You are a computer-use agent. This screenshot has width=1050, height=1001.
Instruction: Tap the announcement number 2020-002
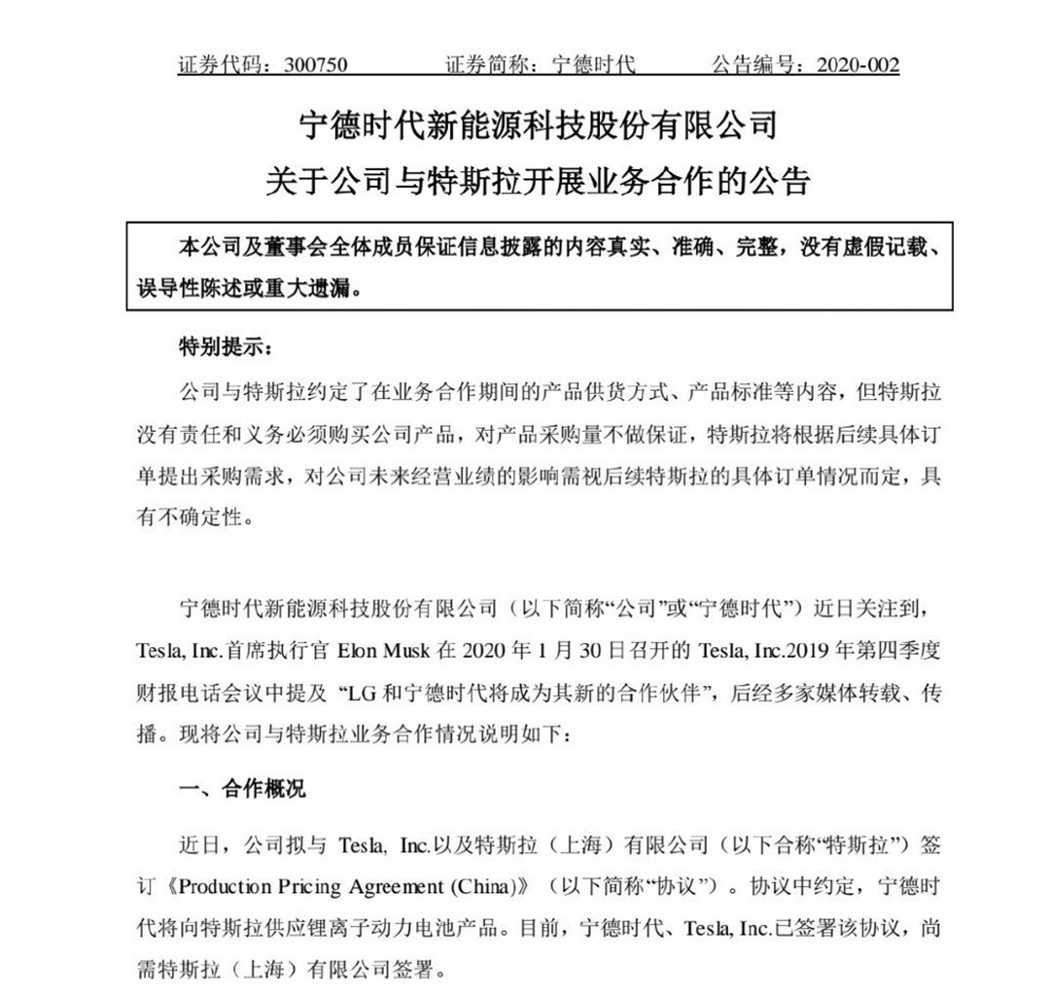(858, 65)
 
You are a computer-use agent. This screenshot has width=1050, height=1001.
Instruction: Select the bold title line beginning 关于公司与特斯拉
(537, 182)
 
